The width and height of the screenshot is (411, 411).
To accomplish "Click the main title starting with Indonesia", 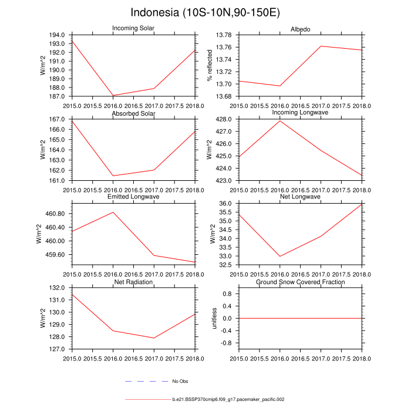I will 205,13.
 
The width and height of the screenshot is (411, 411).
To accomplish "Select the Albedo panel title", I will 301,29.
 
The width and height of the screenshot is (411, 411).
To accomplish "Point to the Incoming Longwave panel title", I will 301,113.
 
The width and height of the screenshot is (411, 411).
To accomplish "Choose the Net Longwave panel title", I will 301,197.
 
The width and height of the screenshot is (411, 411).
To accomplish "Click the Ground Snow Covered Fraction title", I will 301,282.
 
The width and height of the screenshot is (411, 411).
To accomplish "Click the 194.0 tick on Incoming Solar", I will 58,35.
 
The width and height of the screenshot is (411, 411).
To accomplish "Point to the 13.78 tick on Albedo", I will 223,35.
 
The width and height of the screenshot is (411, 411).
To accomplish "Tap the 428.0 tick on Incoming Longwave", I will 224,119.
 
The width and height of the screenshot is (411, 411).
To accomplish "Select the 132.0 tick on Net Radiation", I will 58,288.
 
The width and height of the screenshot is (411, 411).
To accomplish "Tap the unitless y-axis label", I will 214,318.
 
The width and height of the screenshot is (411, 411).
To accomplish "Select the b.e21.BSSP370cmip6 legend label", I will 228,399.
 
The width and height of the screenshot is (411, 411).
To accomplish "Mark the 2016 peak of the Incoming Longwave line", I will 280,120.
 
